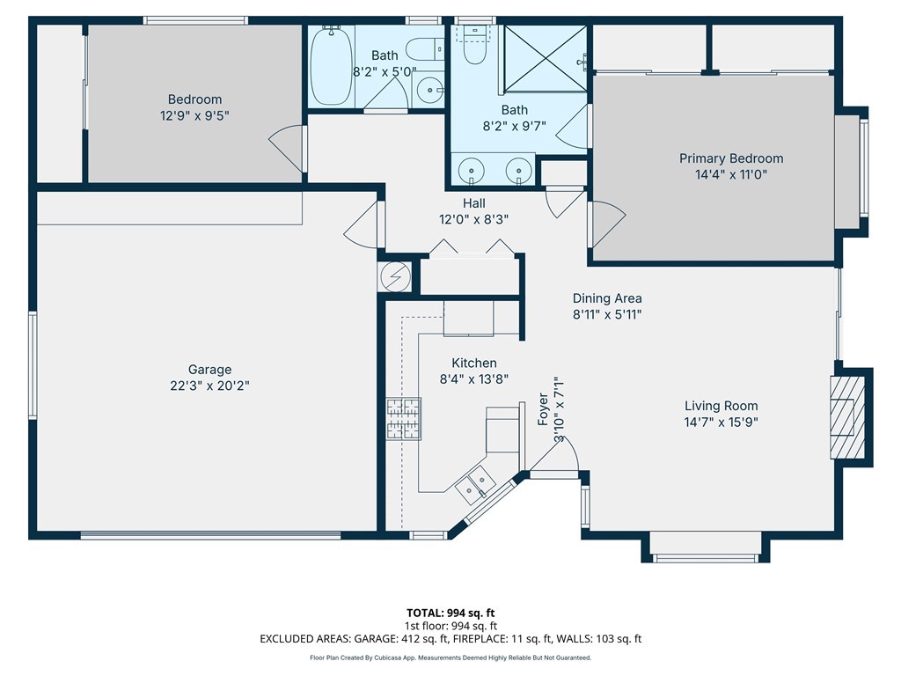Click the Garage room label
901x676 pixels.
tap(209, 370)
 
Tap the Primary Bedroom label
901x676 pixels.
tap(731, 158)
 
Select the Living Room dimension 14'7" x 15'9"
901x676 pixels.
tap(721, 422)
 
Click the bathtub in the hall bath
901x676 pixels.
tap(332, 67)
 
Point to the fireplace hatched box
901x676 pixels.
tap(847, 417)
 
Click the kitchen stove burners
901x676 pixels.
tap(403, 420)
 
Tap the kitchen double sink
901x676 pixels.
tap(475, 481)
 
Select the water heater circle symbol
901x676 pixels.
tap(395, 277)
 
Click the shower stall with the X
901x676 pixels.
tap(546, 58)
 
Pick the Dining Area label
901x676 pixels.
tap(607, 298)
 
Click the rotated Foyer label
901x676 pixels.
tap(543, 409)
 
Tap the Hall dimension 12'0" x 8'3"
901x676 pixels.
tap(473, 219)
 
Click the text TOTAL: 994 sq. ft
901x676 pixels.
tap(450, 613)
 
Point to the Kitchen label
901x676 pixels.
tap(474, 364)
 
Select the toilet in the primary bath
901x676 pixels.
tap(475, 45)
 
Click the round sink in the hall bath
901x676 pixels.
tap(429, 91)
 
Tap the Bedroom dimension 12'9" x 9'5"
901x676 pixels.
tap(194, 115)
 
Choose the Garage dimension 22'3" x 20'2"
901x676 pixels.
tap(209, 386)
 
